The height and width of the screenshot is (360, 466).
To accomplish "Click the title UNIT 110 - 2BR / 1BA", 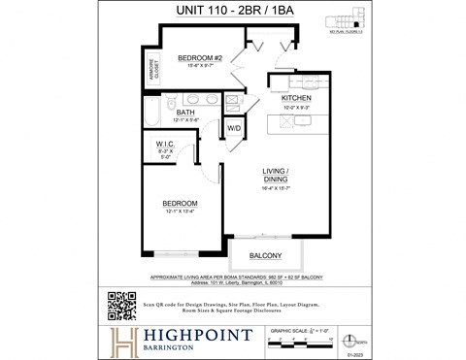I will click(x=233, y=12).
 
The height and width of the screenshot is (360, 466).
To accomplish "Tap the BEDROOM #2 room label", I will click(x=201, y=58).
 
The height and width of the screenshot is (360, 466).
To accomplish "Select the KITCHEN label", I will click(x=295, y=98).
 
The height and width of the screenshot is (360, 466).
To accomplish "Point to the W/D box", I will click(x=234, y=128).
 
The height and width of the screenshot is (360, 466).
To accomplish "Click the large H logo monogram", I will click(x=125, y=341).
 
